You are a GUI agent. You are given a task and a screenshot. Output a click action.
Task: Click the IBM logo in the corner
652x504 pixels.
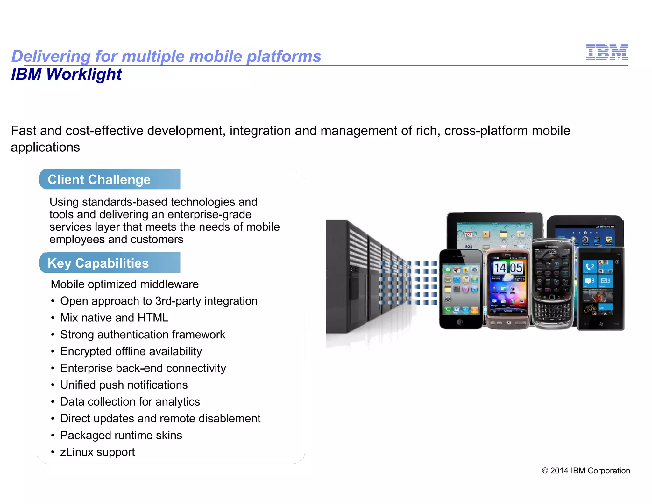click(x=607, y=52)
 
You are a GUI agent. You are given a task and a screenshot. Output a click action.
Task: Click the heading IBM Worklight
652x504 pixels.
click(x=66, y=74)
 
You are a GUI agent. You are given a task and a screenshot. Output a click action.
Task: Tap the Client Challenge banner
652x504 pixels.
click(x=110, y=179)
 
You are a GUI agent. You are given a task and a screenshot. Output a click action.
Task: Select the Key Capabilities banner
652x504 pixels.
click(x=110, y=263)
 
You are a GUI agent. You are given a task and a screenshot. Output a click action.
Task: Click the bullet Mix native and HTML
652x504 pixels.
click(x=114, y=318)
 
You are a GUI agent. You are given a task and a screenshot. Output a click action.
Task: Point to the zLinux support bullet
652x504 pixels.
click(x=97, y=452)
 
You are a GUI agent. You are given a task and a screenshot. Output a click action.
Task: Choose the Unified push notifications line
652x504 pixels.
click(x=124, y=385)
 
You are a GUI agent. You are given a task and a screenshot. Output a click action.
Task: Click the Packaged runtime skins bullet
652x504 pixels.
click(x=121, y=435)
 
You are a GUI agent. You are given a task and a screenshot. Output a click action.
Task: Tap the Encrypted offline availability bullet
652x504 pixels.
click(x=131, y=351)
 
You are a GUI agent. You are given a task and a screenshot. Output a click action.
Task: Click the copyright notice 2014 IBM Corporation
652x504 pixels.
click(x=586, y=471)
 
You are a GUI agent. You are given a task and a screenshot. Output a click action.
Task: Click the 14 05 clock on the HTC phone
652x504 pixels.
click(x=508, y=268)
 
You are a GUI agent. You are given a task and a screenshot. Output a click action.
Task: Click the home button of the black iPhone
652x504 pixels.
click(x=460, y=322)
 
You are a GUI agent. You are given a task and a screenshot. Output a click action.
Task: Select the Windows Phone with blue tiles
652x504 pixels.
click(x=600, y=288)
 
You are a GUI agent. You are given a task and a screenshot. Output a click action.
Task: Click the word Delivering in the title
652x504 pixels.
click(x=51, y=56)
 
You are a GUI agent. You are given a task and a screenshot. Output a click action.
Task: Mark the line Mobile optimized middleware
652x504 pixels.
click(x=124, y=284)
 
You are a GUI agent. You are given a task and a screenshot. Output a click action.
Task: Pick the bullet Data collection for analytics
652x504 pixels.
click(x=130, y=402)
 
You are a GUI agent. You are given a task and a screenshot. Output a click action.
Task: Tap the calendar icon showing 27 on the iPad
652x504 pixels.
click(x=469, y=235)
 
